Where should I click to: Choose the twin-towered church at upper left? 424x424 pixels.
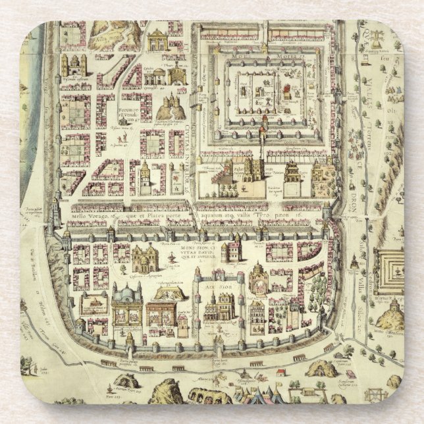(x=74, y=65)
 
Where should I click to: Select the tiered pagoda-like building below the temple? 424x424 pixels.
(x=292, y=172)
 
